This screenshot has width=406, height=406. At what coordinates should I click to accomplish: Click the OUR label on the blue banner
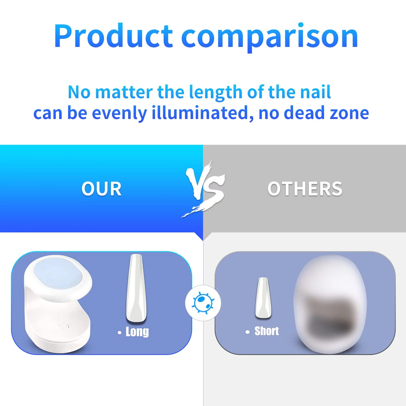[x=101, y=189]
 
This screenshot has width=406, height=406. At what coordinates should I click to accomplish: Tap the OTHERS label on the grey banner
[x=305, y=189]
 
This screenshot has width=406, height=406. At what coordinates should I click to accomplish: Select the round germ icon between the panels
[x=203, y=303]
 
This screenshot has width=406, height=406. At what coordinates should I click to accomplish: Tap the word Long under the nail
[x=137, y=332]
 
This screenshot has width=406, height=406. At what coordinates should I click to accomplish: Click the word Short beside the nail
[x=267, y=331]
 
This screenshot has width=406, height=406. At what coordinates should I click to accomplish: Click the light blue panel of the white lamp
[x=58, y=275]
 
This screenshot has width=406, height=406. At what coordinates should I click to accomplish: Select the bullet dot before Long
[x=120, y=333]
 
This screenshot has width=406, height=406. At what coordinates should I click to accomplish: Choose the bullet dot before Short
[x=248, y=332]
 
